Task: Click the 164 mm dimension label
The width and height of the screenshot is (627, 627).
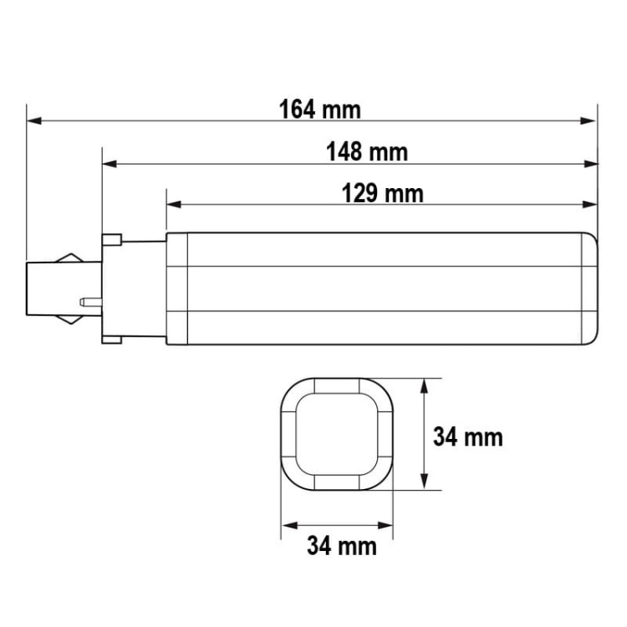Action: click(319, 110)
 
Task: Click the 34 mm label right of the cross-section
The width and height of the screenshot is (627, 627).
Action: click(467, 436)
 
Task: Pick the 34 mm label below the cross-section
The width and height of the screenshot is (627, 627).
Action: click(341, 547)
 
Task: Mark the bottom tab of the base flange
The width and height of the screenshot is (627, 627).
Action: click(111, 337)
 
